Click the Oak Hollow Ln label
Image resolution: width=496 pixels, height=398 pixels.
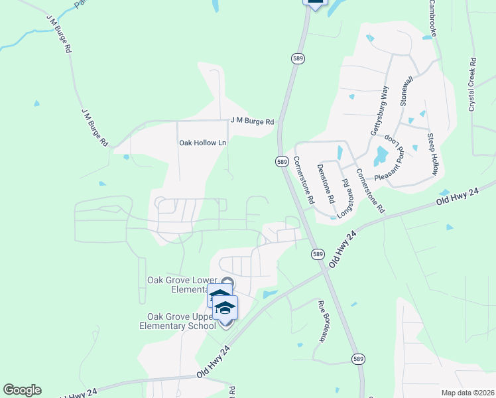pos(202,143)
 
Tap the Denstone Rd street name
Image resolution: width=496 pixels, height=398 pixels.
pos(325,183)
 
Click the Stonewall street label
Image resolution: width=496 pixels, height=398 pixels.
pos(406,92)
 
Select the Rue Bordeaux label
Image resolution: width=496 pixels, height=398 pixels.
pos(324,320)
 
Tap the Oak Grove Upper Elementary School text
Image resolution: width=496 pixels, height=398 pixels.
pos(178,320)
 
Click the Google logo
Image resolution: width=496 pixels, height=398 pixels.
pos(22,390)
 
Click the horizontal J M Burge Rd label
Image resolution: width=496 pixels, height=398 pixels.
pos(252,121)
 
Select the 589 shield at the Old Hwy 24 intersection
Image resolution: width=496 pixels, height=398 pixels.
pos(317,254)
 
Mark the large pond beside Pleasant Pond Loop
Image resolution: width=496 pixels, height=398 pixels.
pos(381,156)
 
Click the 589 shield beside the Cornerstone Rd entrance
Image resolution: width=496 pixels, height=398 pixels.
pos(282,162)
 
